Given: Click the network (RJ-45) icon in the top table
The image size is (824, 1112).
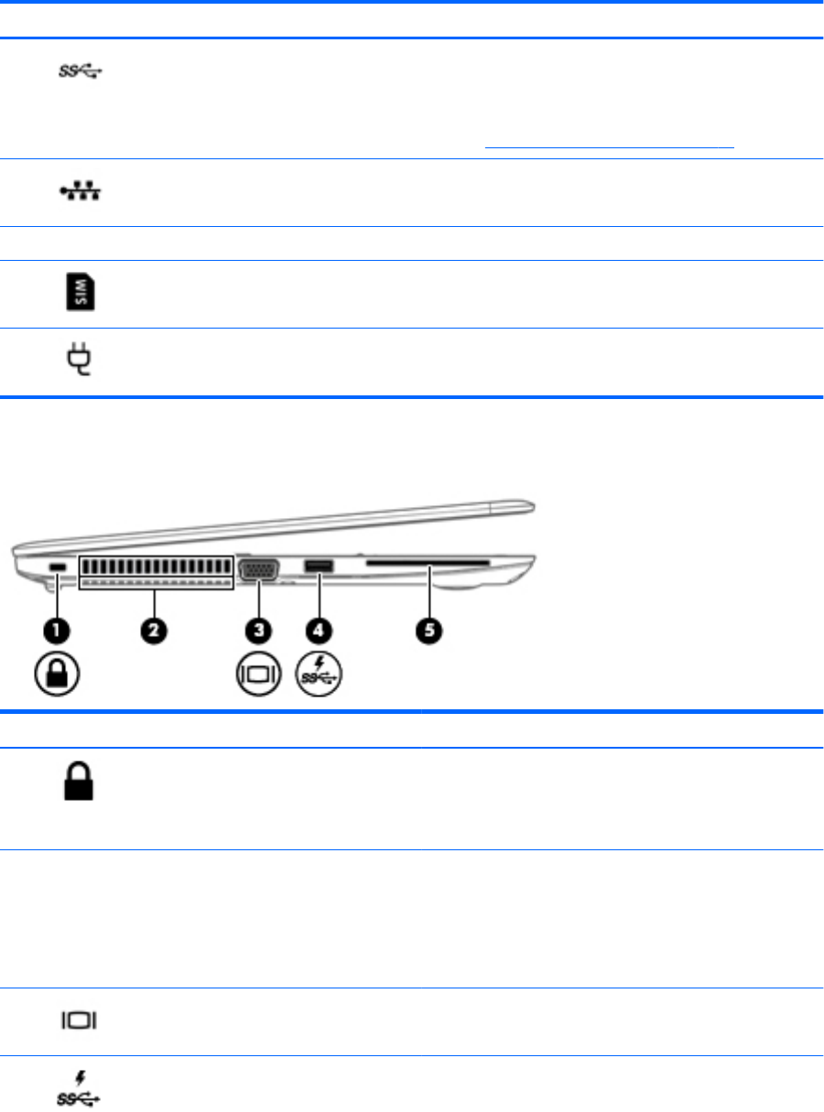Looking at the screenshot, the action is pyautogui.click(x=79, y=192).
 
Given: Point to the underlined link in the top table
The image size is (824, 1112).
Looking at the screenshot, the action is pyautogui.click(x=610, y=145).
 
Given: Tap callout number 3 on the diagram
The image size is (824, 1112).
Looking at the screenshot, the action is pyautogui.click(x=261, y=631).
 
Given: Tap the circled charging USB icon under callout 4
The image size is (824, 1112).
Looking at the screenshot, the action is pyautogui.click(x=322, y=677).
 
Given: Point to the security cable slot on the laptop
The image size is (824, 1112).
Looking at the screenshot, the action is pyautogui.click(x=57, y=569).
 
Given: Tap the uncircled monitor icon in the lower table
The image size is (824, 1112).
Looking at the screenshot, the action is pyautogui.click(x=80, y=1020).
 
